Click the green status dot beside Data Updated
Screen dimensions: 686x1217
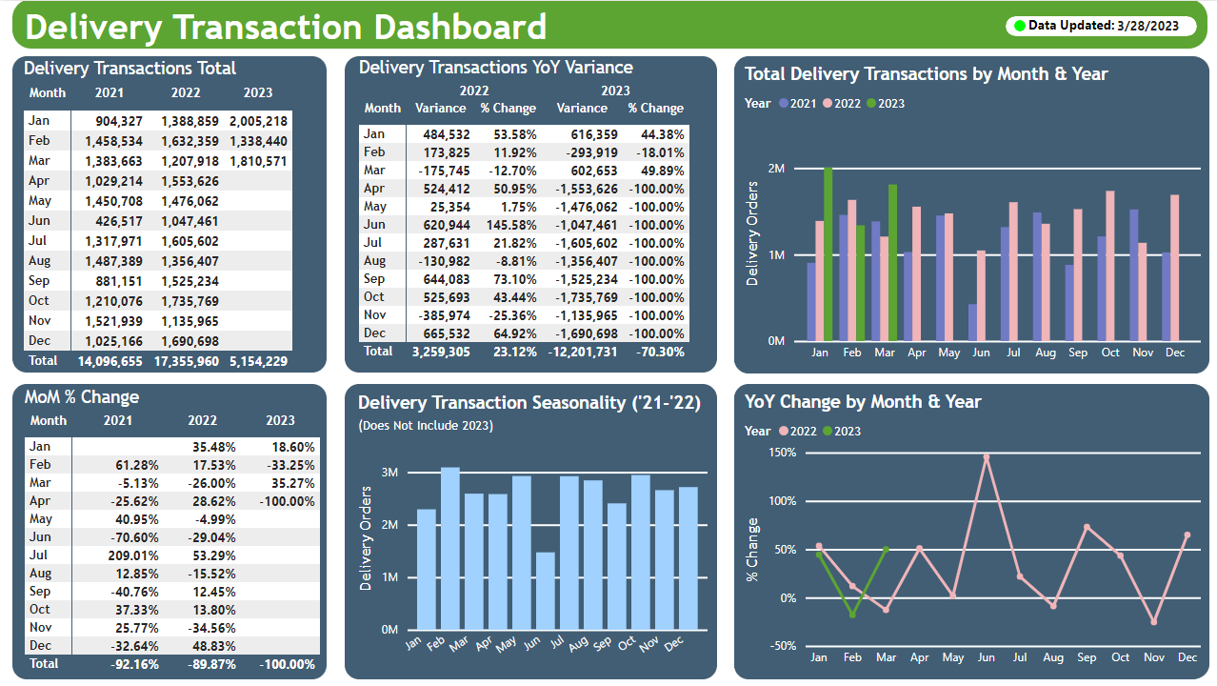1020,26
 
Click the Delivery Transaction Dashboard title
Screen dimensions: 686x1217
286,27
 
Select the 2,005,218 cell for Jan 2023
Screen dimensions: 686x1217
258,121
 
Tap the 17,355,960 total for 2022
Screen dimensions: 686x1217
186,361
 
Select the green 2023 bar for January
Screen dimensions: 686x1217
828,254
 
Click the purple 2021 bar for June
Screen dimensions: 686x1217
972,322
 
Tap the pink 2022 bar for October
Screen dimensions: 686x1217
1110,266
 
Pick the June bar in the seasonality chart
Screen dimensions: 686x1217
545,591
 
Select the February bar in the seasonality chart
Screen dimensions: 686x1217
450,549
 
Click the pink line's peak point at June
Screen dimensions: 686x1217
987,457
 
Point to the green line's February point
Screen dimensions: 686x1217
852,615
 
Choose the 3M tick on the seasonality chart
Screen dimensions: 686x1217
389,473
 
